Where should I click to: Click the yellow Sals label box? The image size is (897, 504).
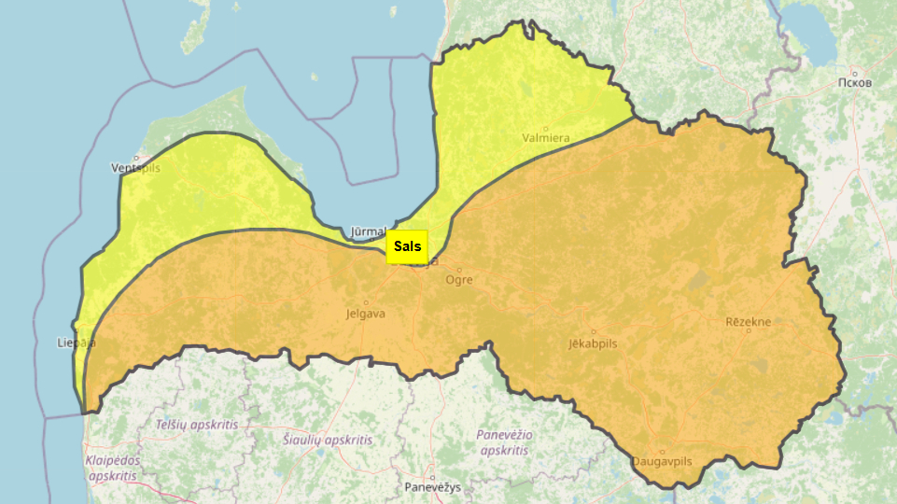(x=407, y=246)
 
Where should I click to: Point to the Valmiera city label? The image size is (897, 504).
(x=546, y=139)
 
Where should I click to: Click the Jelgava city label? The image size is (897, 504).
(x=365, y=314)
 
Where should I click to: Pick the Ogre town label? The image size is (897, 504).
(x=459, y=280)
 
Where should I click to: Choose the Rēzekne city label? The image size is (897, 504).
(x=749, y=321)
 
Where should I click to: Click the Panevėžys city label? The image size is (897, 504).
(x=433, y=487)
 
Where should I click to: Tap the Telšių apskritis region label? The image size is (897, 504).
(x=197, y=424)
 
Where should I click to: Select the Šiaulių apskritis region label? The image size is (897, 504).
(x=328, y=440)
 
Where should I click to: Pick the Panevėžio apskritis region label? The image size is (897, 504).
(x=504, y=441)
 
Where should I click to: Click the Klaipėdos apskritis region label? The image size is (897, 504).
(x=112, y=468)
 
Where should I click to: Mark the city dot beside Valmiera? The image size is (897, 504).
(x=547, y=128)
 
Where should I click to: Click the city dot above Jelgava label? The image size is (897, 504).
(x=365, y=302)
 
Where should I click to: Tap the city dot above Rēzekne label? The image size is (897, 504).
(x=749, y=331)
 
